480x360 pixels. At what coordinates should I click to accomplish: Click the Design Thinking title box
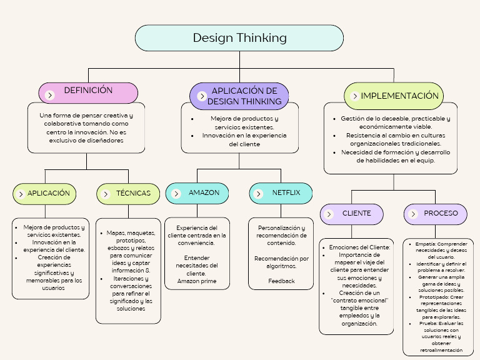[x=239, y=38]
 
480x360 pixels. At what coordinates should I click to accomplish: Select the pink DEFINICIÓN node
[x=88, y=91]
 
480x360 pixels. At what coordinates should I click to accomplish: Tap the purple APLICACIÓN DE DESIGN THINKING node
[x=239, y=96]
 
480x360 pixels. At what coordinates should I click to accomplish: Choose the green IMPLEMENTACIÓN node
[x=394, y=96]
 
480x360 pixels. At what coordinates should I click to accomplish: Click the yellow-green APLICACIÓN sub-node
[x=45, y=194]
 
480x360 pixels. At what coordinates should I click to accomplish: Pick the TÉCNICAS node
[x=129, y=194]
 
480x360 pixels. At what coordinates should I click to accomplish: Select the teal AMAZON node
[x=197, y=193]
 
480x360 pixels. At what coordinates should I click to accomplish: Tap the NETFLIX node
[x=281, y=193]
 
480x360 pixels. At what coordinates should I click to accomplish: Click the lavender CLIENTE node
[x=352, y=214]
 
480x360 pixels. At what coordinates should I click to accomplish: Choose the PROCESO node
[x=436, y=214]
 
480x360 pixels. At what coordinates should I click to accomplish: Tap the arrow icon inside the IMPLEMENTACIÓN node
[x=355, y=97]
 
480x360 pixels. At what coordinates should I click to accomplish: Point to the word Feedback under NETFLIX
[x=281, y=281]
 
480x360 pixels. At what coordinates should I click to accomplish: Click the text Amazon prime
[x=197, y=281]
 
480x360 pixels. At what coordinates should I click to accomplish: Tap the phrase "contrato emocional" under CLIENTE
[x=360, y=301]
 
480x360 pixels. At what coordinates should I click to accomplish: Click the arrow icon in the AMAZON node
[x=175, y=194]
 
